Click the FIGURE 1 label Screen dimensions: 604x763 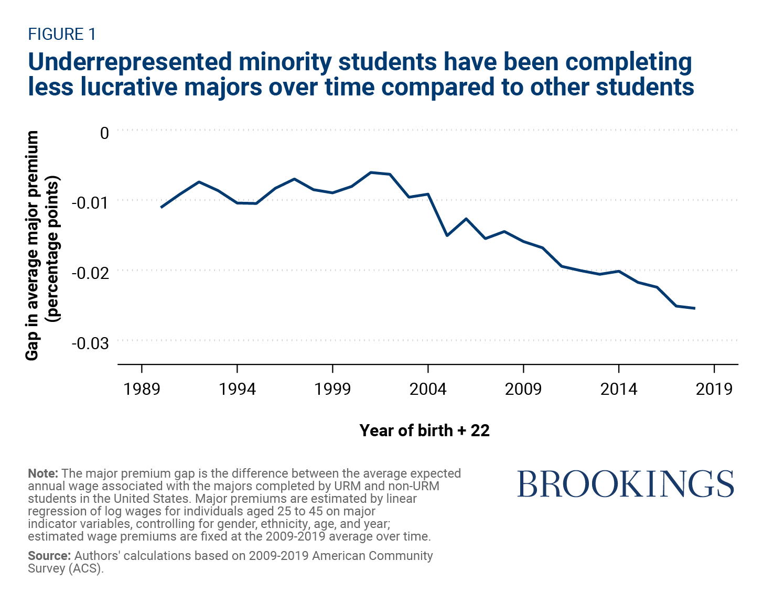tap(62, 35)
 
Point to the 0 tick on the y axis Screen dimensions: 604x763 tap(104, 133)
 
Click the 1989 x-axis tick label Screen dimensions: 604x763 tap(142, 389)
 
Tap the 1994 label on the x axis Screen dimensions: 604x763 tap(237, 389)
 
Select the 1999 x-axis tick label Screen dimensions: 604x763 tap(332, 389)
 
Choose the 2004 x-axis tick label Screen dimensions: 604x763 tap(428, 389)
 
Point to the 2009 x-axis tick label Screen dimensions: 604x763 tap(523, 389)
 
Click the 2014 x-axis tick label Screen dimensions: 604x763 tap(619, 389)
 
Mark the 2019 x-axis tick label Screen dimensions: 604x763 tap(714, 389)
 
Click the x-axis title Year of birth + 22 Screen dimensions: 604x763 tap(424, 430)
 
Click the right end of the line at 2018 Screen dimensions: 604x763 tap(695, 308)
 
